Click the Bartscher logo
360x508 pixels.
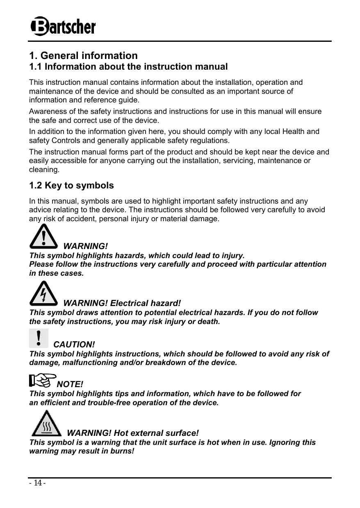(x=63, y=27)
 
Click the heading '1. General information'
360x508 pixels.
(x=83, y=55)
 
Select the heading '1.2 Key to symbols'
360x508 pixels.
(x=71, y=186)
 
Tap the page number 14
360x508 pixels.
(x=37, y=483)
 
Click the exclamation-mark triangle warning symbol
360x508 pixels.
(x=44, y=238)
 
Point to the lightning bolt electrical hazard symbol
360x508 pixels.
(x=44, y=294)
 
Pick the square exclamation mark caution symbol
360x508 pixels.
(x=39, y=338)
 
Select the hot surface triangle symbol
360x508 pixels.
(x=46, y=424)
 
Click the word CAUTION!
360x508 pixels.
(x=74, y=345)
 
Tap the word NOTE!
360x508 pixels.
(x=70, y=384)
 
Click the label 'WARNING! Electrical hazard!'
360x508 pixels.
(x=122, y=303)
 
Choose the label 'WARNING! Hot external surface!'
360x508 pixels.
(x=132, y=433)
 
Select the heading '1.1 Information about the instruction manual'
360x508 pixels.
(x=128, y=66)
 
